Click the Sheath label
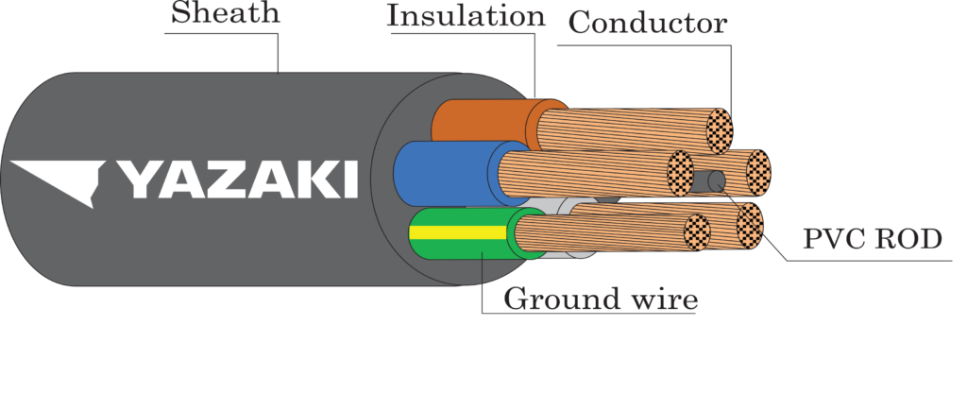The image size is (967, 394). pos(225,13)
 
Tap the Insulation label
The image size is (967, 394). pos(467,16)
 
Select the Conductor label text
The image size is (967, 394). pos(648,24)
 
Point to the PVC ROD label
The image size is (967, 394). pos(873,239)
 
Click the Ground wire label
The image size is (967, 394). pos(601,300)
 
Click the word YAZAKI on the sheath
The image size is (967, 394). pos(237,180)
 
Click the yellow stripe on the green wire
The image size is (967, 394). pos(460,232)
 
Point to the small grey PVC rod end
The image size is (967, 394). pos(717,182)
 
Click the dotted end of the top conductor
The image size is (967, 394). pos(719,130)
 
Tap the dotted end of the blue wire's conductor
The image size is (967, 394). pos(680,173)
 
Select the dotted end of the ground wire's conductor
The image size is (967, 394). pos(698,232)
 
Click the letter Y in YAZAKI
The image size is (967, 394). pos(138,180)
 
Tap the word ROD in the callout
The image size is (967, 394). pos(909,239)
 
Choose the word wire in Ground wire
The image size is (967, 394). pos(664,300)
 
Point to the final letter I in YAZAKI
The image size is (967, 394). pos(351,180)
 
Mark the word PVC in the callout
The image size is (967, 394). pos(834,239)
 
